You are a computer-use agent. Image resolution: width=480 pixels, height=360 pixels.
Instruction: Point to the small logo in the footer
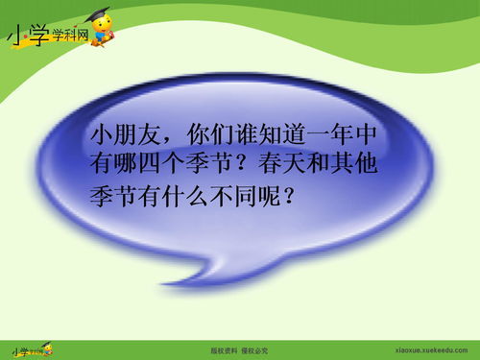(29, 348)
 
